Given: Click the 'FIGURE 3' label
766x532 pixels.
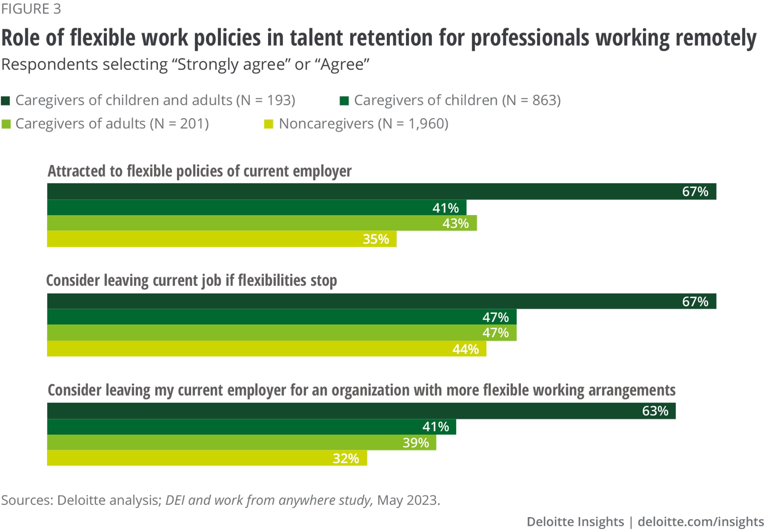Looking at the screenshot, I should click(x=31, y=9).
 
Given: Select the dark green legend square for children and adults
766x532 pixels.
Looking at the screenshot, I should click(x=6, y=101).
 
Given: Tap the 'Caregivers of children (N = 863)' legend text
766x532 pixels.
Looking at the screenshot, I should click(x=457, y=100).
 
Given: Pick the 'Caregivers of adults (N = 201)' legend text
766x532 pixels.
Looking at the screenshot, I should click(x=112, y=124).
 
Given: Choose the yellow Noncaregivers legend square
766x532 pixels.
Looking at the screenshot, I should click(x=268, y=124).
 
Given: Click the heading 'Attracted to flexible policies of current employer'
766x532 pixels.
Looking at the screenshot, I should click(x=199, y=171).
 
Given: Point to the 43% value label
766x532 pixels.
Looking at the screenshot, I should click(x=455, y=223).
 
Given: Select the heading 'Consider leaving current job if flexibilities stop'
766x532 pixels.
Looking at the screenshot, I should click(x=191, y=281).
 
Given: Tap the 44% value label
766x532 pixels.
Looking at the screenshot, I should click(x=465, y=349).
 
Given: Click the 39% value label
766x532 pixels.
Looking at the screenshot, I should click(x=416, y=443).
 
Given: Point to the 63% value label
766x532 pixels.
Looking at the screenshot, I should click(x=655, y=411).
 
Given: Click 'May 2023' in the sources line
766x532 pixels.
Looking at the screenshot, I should click(x=408, y=500).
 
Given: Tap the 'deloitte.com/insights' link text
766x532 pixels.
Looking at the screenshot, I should click(x=701, y=522).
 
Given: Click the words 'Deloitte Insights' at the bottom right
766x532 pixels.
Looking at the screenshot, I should click(x=575, y=522).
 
